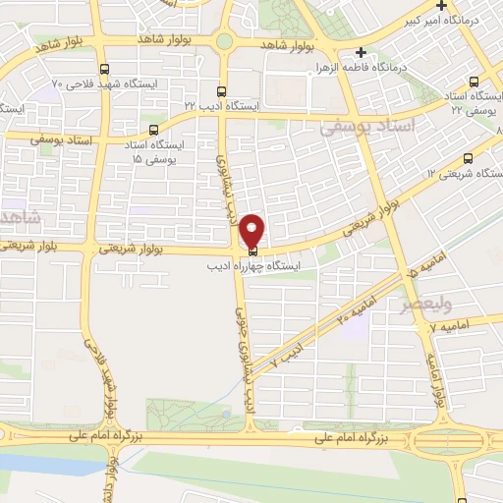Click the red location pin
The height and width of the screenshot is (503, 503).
pyautogui.click(x=253, y=230)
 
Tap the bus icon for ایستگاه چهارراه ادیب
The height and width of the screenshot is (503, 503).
pyautogui.click(x=253, y=251)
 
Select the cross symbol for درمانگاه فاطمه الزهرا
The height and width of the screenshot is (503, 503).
pyautogui.click(x=363, y=52)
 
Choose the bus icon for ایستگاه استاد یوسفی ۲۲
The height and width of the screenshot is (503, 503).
pyautogui.click(x=475, y=83)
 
